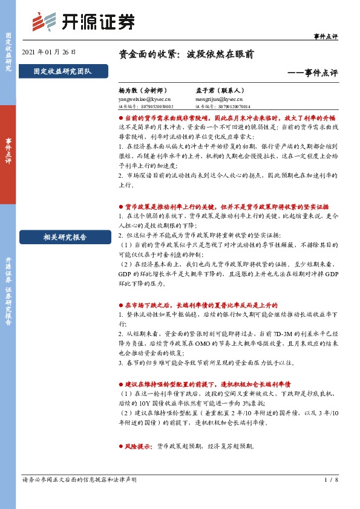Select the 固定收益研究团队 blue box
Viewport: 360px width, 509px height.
(63, 72)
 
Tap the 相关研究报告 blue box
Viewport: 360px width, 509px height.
(63, 237)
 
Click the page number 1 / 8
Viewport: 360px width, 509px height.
(331, 480)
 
